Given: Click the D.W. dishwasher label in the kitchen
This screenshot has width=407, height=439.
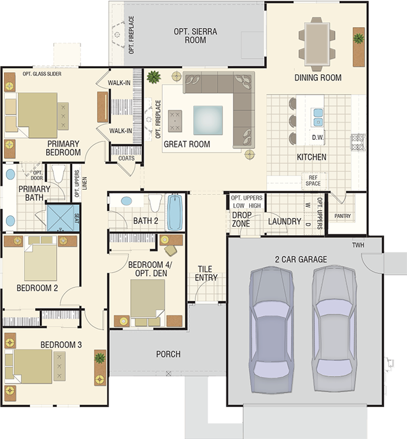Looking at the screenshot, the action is pos(317,138).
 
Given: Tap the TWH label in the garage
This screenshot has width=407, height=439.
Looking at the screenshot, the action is pos(358,245).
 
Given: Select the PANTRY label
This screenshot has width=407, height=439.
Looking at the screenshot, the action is pos(342,216).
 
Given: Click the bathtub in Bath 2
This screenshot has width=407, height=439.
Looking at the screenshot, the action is pos(175,212).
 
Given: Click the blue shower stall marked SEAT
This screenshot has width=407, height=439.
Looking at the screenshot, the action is pos(63,218).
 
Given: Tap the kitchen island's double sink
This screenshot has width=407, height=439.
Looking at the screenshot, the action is pos(318,117).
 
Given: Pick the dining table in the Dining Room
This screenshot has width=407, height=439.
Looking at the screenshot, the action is pos(317,44).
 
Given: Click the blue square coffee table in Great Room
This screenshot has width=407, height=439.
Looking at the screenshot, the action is pos(208,120).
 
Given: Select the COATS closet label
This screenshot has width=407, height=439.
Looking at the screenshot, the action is pos(126,158).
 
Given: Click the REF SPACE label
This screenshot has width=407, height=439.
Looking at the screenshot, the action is pos(313,180).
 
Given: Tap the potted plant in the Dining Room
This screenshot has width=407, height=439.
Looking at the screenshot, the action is pos(359,38).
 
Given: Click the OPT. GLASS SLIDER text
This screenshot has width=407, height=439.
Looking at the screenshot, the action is pos(42,74).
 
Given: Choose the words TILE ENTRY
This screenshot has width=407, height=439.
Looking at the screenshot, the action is pos(206,273).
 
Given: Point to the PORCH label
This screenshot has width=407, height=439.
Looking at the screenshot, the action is pos(168,354).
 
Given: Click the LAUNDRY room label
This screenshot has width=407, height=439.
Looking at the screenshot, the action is pos(284,222).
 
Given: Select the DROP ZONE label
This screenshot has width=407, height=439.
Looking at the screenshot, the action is pos(241,219).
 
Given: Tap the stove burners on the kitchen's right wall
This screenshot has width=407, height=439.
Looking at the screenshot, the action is pos(358,142).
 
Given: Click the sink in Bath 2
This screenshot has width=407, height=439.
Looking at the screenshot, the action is pos(126,201).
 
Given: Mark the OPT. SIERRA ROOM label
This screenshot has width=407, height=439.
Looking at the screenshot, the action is pos(195,36).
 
